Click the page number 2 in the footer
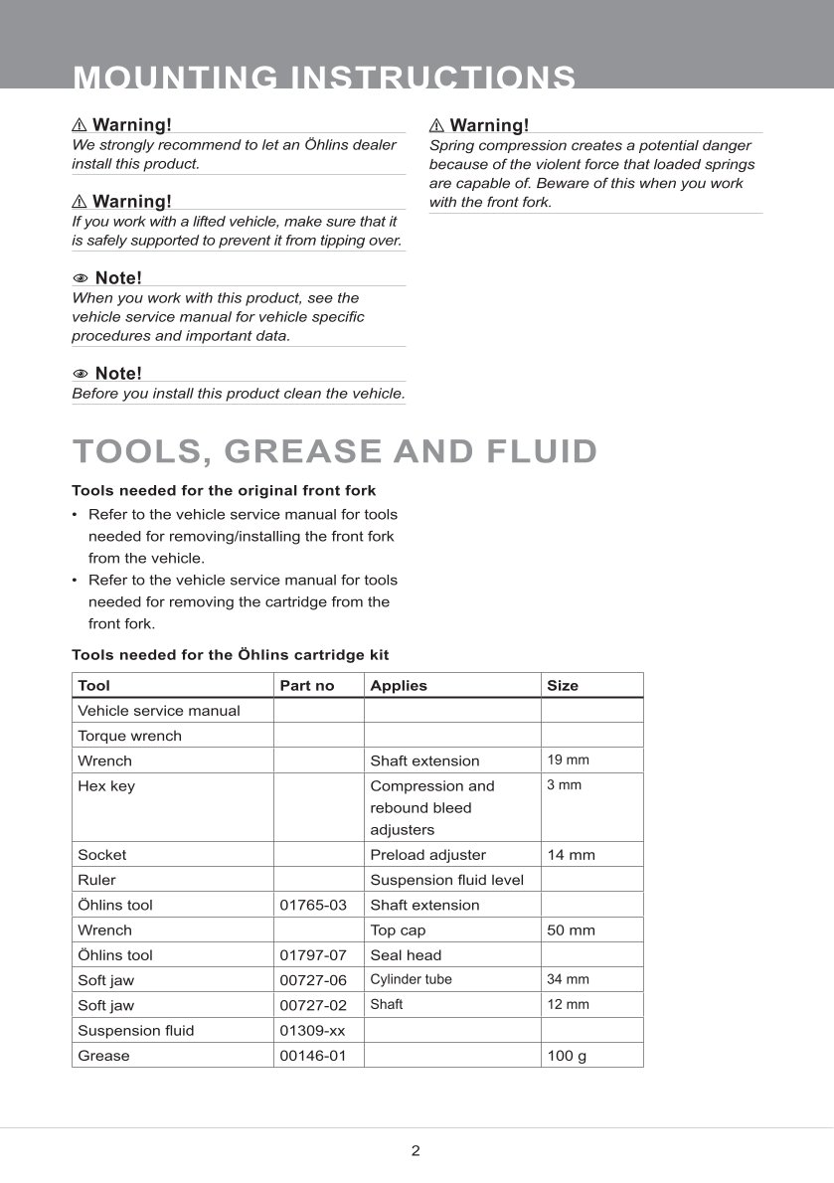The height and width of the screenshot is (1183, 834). pos(416,1151)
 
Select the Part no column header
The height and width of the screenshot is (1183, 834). pos(307,685)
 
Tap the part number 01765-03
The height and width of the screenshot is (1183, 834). pos(313,905)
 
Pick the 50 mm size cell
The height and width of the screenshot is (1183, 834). pos(571,929)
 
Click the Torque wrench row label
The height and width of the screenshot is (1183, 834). pos(129,736)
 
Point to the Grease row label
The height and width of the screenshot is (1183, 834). pos(103,1055)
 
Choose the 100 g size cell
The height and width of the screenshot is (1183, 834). pos(567,1055)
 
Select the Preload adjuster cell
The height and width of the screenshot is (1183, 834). pos(427,854)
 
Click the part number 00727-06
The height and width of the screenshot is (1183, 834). pos(313,979)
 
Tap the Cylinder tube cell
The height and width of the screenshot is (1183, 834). pos(411,979)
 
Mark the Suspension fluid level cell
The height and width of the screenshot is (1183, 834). pos(446,879)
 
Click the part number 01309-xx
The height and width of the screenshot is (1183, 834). pos(313,1030)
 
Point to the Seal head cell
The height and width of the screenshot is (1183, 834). pos(406,954)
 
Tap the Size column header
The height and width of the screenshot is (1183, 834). pos(562,685)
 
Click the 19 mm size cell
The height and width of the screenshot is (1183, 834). pos(568,760)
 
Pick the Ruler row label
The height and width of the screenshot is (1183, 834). pos(96,879)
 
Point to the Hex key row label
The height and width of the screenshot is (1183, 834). pos(106,785)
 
